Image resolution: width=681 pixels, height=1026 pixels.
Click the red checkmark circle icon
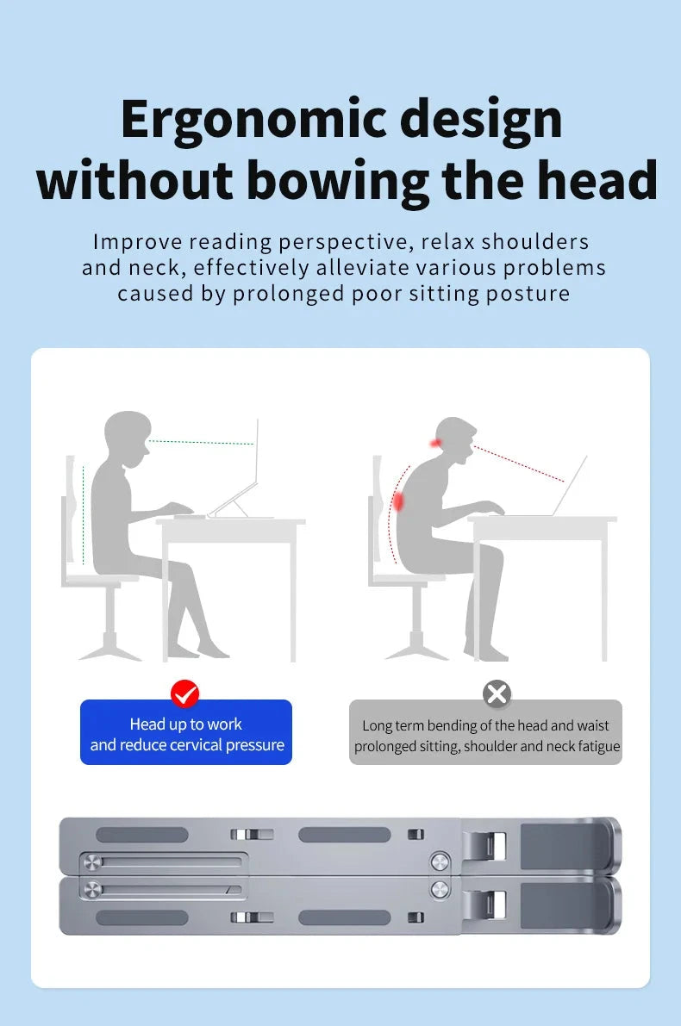[x=184, y=693]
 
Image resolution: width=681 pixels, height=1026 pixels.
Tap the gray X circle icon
[x=497, y=693]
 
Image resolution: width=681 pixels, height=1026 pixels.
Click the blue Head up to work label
[x=186, y=732]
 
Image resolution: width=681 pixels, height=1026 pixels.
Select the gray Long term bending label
[x=486, y=732]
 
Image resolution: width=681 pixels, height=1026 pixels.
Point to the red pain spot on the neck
[x=434, y=444]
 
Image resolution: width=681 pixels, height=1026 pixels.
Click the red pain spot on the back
[x=397, y=502]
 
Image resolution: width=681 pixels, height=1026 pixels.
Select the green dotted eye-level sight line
[x=201, y=443]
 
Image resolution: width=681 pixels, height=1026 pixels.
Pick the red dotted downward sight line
[x=519, y=464]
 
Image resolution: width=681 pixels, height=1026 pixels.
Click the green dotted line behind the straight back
[x=83, y=515]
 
